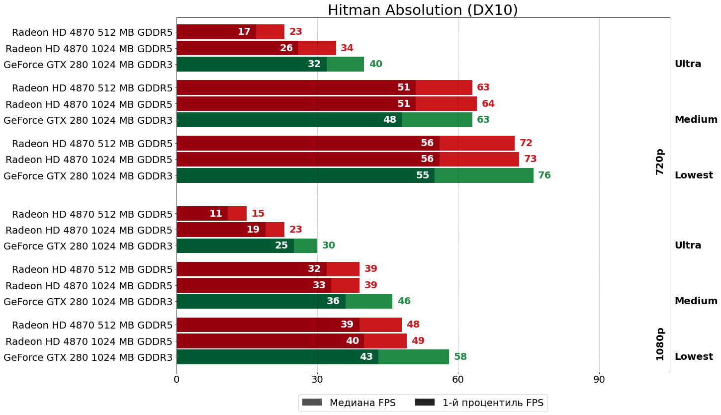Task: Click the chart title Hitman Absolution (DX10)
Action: pyautogui.click(x=423, y=10)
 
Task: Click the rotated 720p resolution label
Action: pyautogui.click(x=660, y=162)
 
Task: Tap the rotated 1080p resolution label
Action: pyautogui.click(x=660, y=344)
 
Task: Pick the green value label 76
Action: pyautogui.click(x=544, y=175)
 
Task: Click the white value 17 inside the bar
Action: pyautogui.click(x=244, y=32)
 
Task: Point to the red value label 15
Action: pyautogui.click(x=258, y=214)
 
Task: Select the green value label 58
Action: pyautogui.click(x=460, y=357)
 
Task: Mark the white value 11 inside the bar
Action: pyautogui.click(x=216, y=214)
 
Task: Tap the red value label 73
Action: pyautogui.click(x=531, y=160)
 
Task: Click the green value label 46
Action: pyautogui.click(x=404, y=301)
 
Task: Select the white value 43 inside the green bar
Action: pyautogui.click(x=366, y=357)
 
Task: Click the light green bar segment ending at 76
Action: pyautogui.click(x=484, y=175)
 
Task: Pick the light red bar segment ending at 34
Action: pyautogui.click(x=317, y=48)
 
